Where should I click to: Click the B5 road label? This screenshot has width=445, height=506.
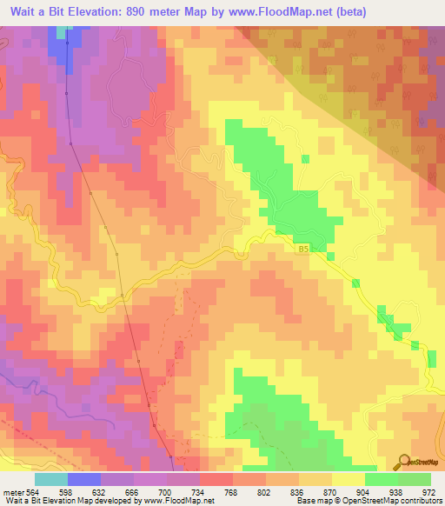[x=296, y=248]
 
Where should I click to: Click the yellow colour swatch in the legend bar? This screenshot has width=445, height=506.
[x=349, y=479]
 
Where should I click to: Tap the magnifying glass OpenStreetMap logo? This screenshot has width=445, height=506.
[x=403, y=461]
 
